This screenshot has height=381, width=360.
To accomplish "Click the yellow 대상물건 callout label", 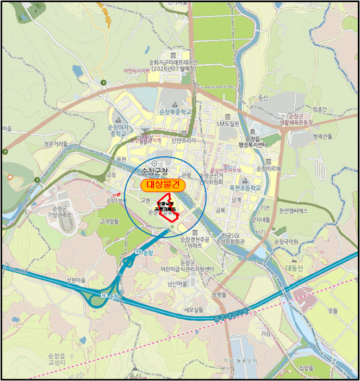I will [163, 186].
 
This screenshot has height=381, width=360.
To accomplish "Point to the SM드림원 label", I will [228, 124].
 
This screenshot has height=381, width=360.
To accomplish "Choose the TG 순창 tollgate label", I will [142, 253].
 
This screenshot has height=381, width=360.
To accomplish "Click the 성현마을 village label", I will [76, 280].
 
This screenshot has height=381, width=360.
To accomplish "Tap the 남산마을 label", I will [178, 284].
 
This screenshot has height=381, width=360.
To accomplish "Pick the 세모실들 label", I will [193, 309].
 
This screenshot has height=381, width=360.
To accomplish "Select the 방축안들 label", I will [322, 137].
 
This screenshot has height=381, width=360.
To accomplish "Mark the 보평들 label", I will [219, 294].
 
